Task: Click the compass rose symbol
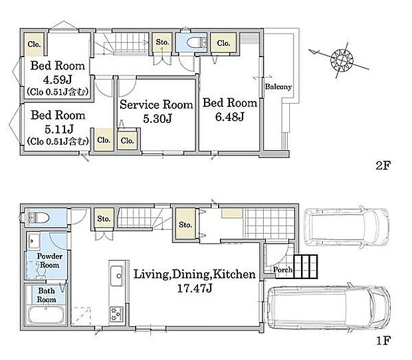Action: point(342,60)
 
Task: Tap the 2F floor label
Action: point(383,165)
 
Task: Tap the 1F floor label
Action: point(383,341)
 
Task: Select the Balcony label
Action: point(278,86)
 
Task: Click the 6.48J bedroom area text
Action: point(230,117)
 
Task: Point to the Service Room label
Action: point(156,104)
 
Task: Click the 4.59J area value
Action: point(58,79)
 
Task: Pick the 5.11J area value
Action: point(59,129)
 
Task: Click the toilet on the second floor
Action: point(196,43)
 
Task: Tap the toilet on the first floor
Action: point(39,218)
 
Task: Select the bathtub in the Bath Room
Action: point(47,315)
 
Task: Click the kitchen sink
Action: point(117,276)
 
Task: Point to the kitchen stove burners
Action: point(117,314)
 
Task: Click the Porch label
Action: point(282,270)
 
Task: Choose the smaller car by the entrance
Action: point(346,227)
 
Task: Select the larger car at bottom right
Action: point(329,307)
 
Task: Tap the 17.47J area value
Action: point(195,288)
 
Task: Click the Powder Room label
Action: point(50,260)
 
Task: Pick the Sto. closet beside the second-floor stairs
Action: point(162,42)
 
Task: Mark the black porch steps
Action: point(306,266)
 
